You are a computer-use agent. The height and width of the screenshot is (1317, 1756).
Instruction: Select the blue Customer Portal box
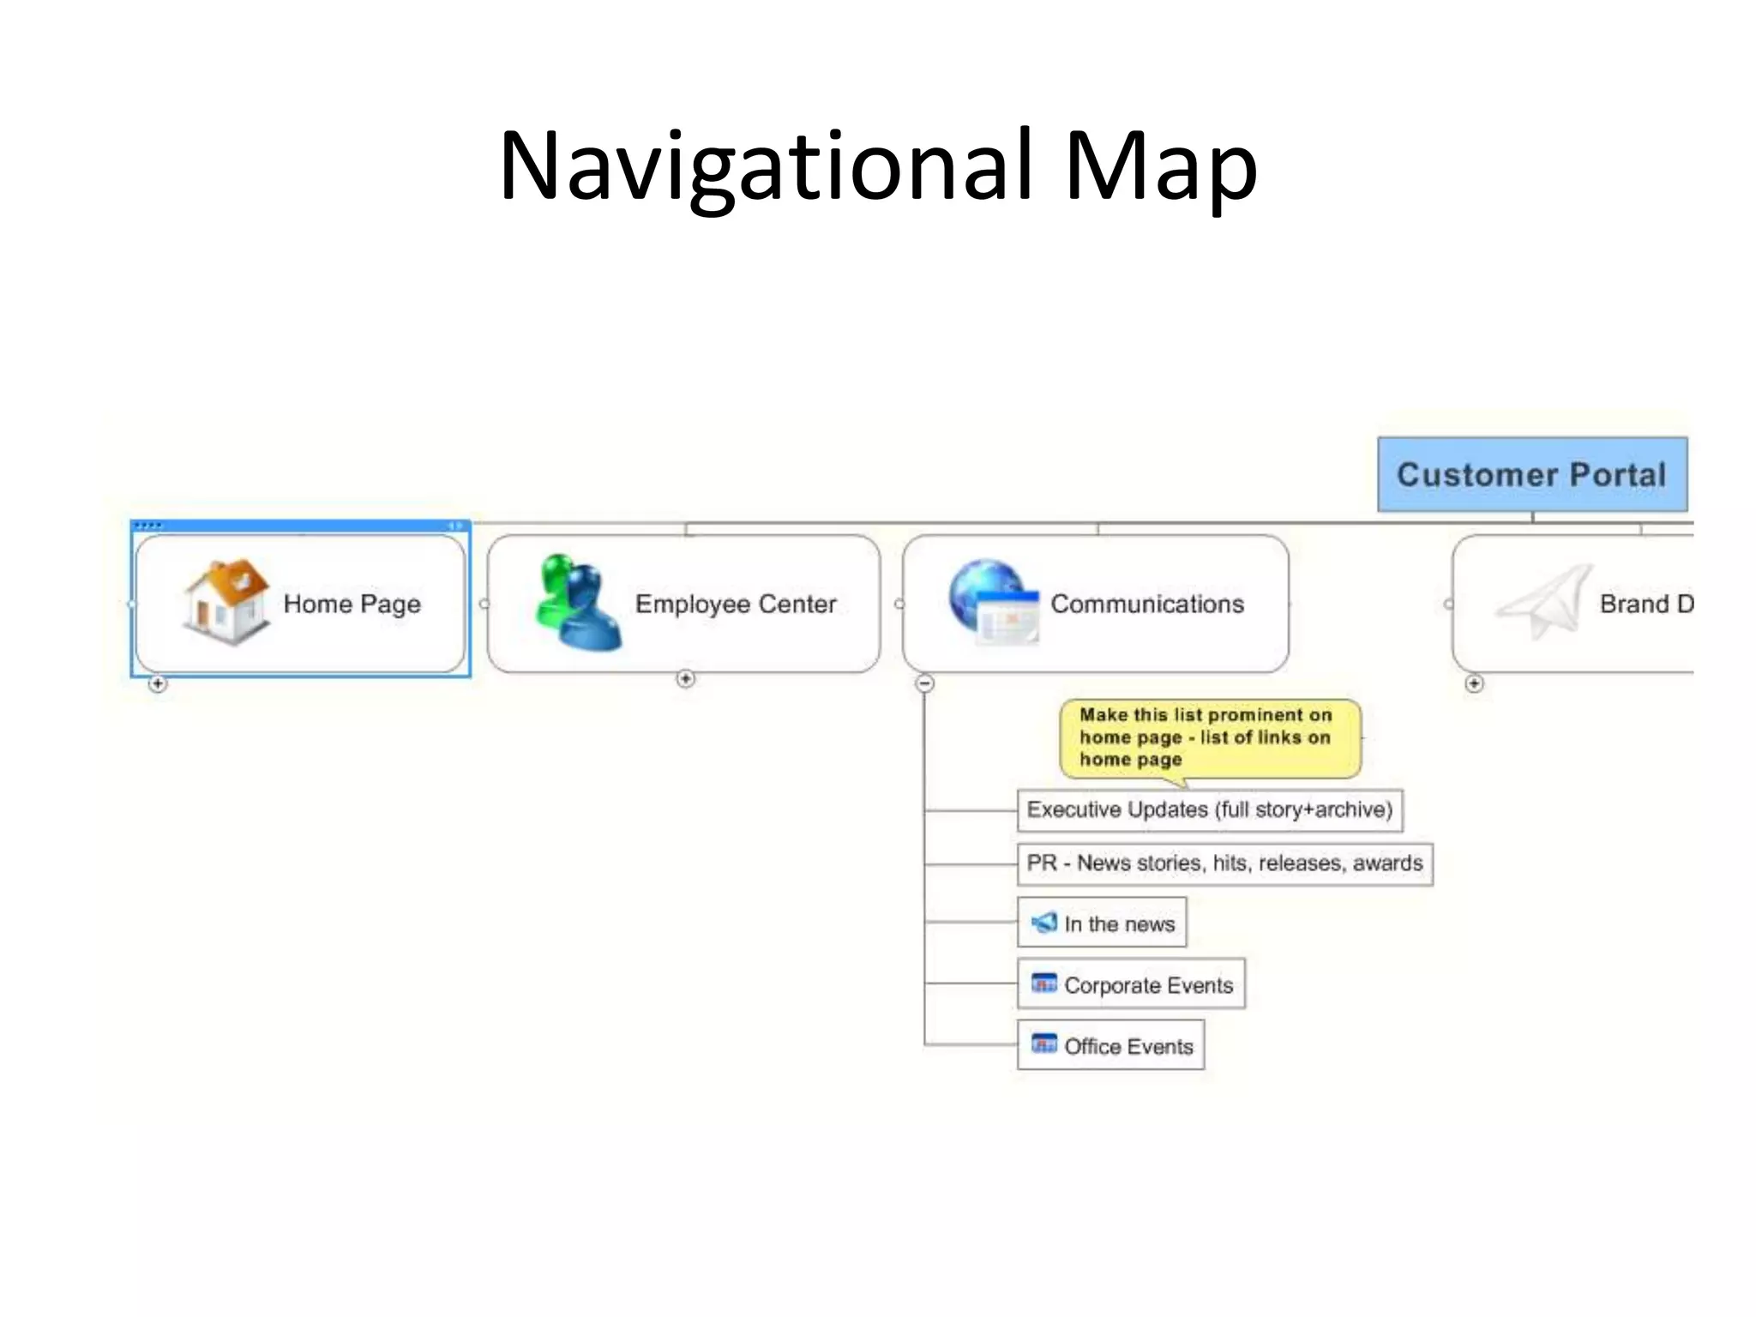pyautogui.click(x=1531, y=474)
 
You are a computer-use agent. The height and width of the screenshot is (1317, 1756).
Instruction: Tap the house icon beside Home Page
pyautogui.click(x=226, y=601)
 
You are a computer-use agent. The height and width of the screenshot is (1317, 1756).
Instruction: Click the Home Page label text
pyautogui.click(x=352, y=604)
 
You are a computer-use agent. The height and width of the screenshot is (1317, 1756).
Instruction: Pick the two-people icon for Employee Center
pyautogui.click(x=576, y=602)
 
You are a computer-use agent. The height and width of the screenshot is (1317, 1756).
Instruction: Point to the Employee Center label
pyautogui.click(x=735, y=604)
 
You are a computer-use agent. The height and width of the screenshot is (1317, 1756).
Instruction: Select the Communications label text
pyautogui.click(x=1146, y=604)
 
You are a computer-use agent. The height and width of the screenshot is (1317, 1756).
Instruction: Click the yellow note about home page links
pyautogui.click(x=1209, y=737)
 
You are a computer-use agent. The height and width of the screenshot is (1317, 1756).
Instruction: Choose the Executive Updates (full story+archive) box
pyautogui.click(x=1209, y=809)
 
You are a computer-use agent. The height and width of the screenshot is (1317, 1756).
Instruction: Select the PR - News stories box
pyautogui.click(x=1224, y=863)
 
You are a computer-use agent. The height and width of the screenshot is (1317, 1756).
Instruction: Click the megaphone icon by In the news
pyautogui.click(x=1043, y=923)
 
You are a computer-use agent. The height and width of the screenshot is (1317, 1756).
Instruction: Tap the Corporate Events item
pyautogui.click(x=1147, y=985)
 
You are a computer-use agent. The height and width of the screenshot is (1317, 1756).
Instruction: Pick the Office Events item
pyautogui.click(x=1128, y=1046)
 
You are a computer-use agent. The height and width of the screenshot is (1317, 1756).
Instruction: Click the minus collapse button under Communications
pyautogui.click(x=924, y=683)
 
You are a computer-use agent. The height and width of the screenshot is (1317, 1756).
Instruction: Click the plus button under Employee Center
pyautogui.click(x=685, y=679)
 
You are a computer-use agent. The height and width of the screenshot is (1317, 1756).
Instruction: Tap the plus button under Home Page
pyautogui.click(x=158, y=683)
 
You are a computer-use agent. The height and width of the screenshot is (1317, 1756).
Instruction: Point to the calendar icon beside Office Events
pyautogui.click(x=1043, y=1044)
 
